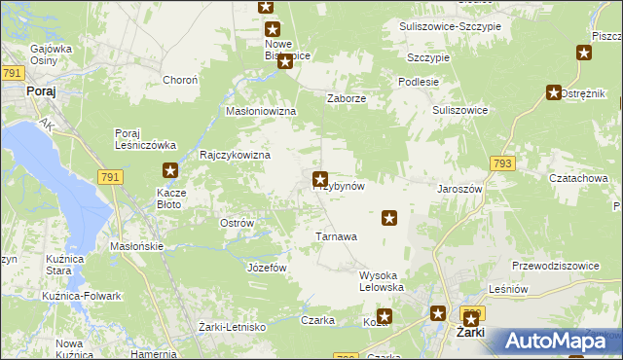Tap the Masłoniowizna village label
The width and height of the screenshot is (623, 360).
(260, 112)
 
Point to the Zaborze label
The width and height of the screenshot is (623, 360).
(347, 98)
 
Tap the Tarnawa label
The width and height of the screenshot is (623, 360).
(337, 236)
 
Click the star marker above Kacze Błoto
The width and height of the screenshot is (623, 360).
(170, 171)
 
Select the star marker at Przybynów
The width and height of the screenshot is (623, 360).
(319, 179)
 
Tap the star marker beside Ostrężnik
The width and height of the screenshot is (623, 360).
(554, 93)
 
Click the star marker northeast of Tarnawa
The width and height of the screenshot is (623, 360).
(389, 218)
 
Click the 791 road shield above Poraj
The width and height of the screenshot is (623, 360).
(13, 74)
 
